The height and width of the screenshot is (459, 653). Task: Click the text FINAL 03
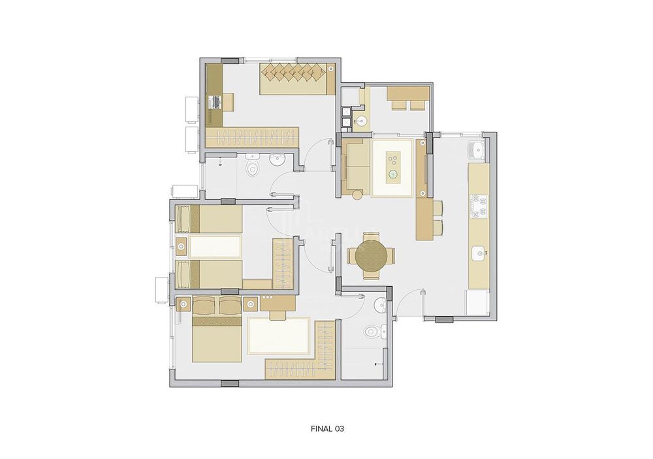pos(327,429)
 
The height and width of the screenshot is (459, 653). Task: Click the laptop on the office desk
pos(214,102)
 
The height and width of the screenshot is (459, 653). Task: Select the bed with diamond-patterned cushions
pos(297,79)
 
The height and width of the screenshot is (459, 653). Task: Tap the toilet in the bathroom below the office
pos(253,168)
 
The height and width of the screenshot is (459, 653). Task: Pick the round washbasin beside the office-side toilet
pos(277,159)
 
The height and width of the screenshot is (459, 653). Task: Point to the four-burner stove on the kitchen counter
pos(479,206)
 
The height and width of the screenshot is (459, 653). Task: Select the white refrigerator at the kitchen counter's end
pos(477,302)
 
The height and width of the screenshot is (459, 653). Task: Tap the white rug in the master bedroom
pos(279,337)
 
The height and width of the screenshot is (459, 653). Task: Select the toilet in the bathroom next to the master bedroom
pos(371,332)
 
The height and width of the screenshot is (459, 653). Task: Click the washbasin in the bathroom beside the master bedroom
pos(379,304)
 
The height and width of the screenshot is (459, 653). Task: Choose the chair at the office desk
pos(229,102)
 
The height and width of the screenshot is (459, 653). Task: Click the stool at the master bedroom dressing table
pos(278,315)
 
